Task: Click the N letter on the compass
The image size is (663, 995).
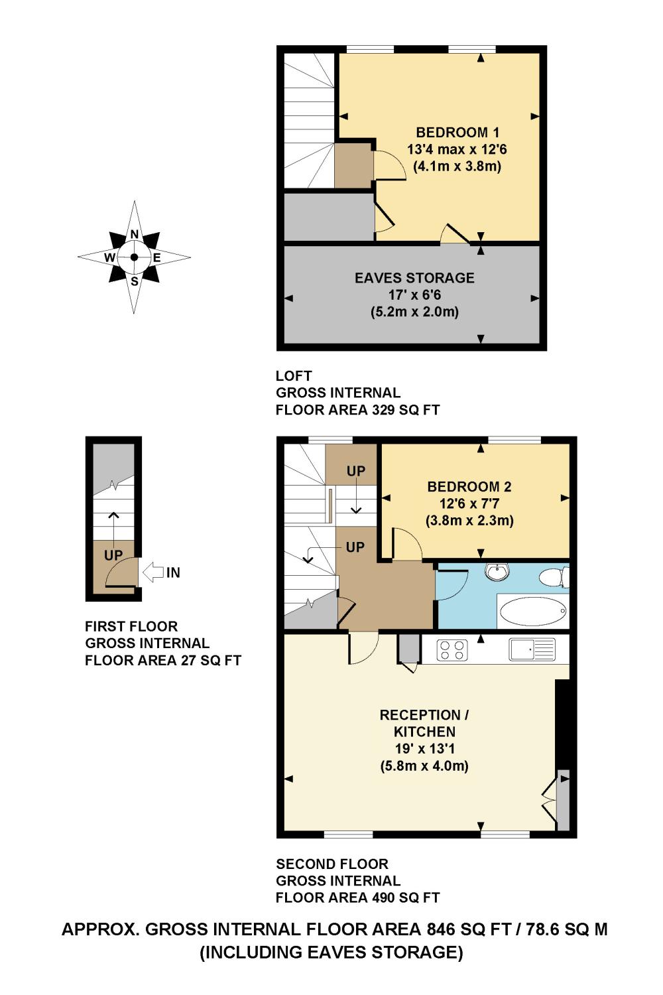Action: [x=135, y=234]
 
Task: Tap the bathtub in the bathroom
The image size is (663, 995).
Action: [x=532, y=611]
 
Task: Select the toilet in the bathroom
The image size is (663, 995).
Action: [x=553, y=577]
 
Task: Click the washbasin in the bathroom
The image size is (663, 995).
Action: [x=496, y=571]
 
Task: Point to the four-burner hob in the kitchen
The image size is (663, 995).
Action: [x=452, y=649]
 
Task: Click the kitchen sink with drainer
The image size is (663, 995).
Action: [x=532, y=649]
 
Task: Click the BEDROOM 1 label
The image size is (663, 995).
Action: [x=457, y=132]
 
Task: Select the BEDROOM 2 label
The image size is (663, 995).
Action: [x=469, y=486]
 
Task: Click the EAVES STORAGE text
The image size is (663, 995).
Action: [x=414, y=278]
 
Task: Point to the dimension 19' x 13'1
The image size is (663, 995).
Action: [x=424, y=749]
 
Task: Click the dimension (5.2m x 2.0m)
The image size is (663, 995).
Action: [x=414, y=312]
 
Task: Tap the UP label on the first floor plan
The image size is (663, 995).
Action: [x=113, y=555]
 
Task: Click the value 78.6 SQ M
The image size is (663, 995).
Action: [x=566, y=929]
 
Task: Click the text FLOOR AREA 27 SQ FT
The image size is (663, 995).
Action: [x=162, y=661]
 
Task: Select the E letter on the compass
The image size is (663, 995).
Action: [x=157, y=257]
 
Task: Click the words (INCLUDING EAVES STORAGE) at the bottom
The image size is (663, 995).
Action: [x=331, y=953]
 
